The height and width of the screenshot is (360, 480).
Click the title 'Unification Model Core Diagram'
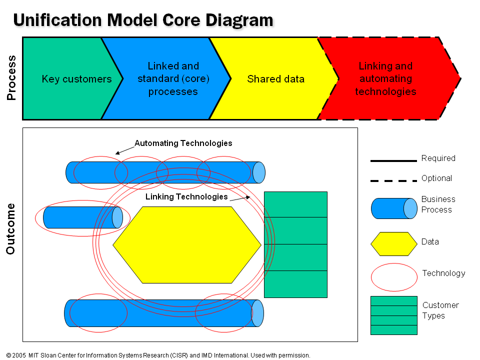[x=143, y=20]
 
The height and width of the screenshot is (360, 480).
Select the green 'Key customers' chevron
[x=70, y=79]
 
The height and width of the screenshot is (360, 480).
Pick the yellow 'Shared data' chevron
[x=275, y=79]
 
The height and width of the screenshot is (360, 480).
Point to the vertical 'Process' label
[x=11, y=78]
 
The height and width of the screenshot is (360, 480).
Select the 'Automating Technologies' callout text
[x=183, y=143]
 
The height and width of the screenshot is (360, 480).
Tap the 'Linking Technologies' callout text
[x=186, y=197]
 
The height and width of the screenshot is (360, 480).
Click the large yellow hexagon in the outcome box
[x=186, y=245]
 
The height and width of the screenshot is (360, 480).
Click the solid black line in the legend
[x=393, y=160]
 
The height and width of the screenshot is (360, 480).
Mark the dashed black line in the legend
[x=393, y=180]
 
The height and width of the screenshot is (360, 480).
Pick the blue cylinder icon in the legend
[x=394, y=208]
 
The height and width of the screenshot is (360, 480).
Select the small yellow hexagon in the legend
[x=394, y=244]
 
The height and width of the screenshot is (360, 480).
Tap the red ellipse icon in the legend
[x=394, y=277]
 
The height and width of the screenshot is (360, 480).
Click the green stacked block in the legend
[x=394, y=315]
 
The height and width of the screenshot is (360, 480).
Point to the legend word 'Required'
[x=438, y=158]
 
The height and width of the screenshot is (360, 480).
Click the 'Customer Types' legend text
[x=440, y=310]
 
